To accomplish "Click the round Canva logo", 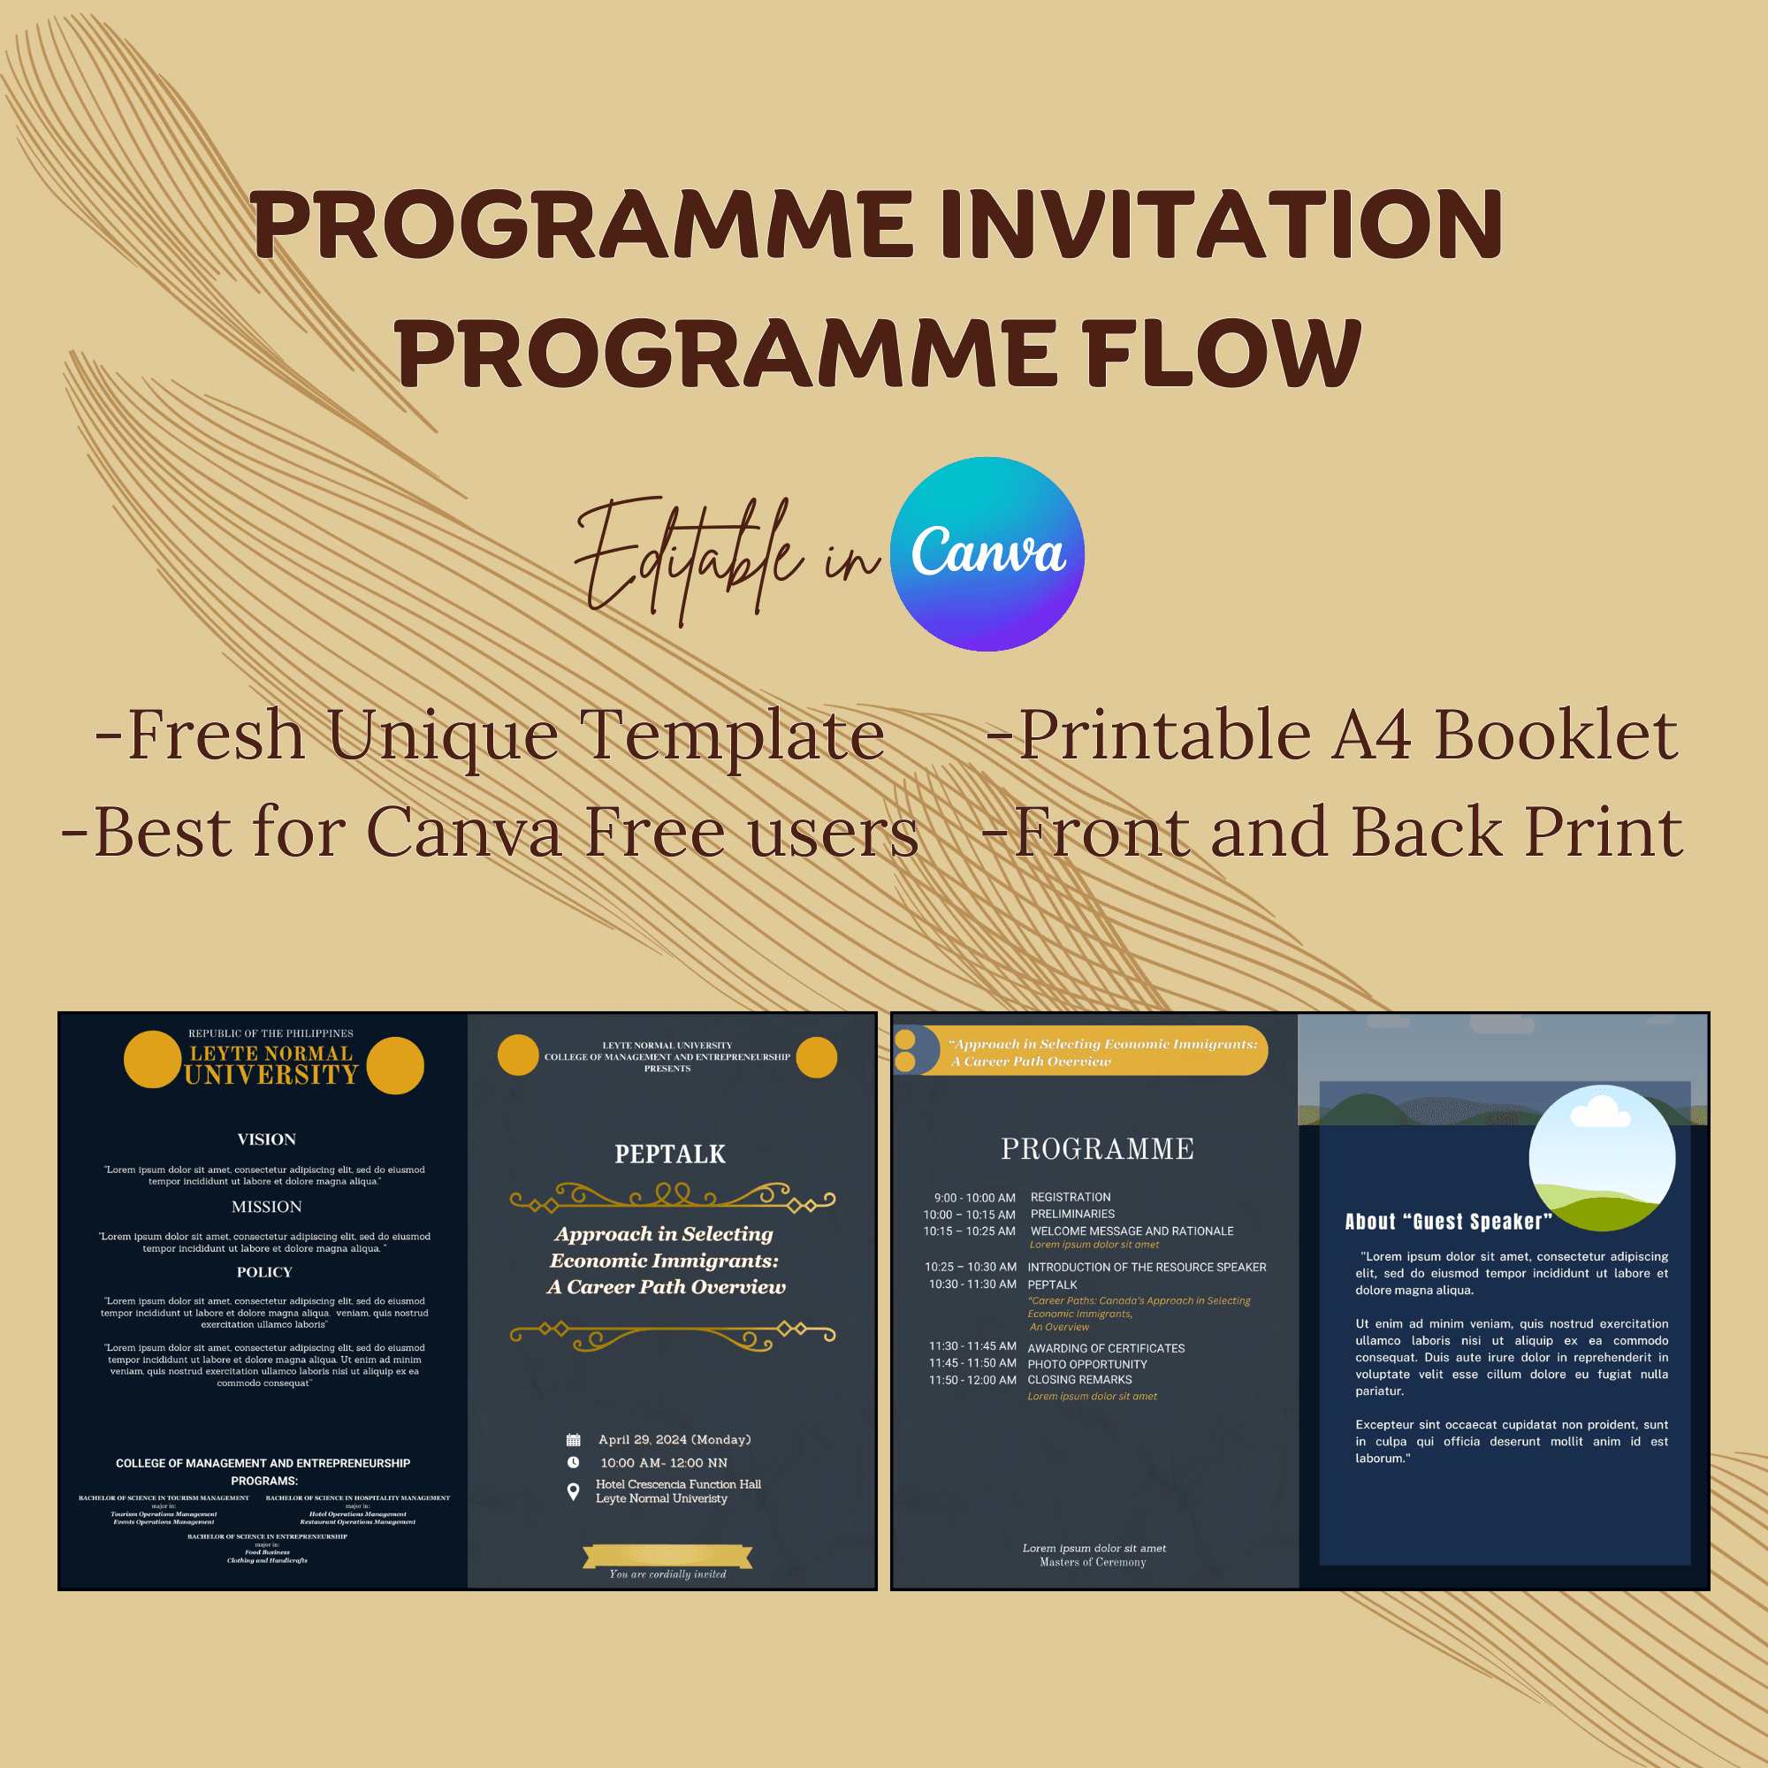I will coord(987,553).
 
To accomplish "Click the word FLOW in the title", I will coord(1222,353).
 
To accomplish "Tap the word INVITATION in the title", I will coord(1221,225).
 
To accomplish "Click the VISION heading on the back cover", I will coord(266,1139).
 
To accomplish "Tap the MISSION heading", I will coord(266,1207).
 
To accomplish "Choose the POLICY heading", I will coord(264,1272).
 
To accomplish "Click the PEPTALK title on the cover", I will coord(670,1154).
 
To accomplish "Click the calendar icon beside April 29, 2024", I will coord(574,1439).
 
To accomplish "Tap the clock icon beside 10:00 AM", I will coord(574,1462).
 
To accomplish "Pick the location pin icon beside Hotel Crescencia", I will coord(574,1491).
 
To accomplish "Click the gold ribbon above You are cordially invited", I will coord(667,1556).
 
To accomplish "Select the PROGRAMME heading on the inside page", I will coord(1097,1148).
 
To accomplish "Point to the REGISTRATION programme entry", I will coord(1070,1197).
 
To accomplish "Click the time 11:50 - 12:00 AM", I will coord(972,1380).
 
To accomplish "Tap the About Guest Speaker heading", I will coord(1448,1222).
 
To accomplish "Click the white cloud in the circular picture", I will coord(1600,1113).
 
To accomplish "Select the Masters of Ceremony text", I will coord(1093,1562).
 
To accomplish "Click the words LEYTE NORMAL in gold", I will coord(271,1054).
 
